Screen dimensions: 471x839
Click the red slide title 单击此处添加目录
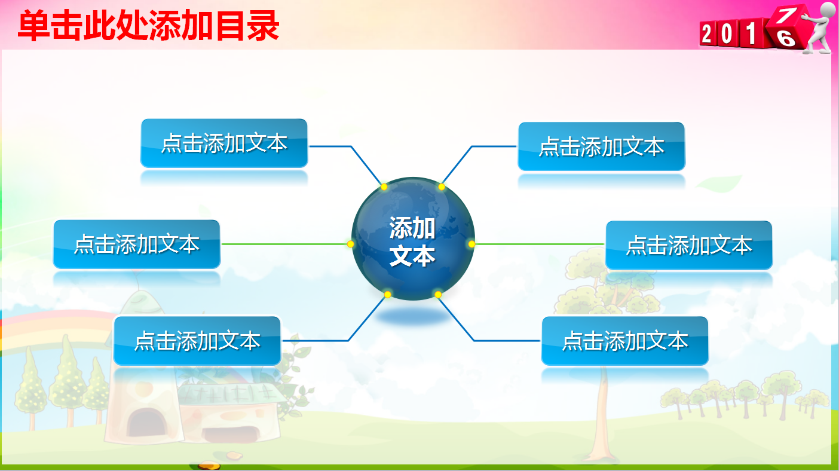[x=148, y=26]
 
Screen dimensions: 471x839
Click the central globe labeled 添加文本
[x=412, y=242]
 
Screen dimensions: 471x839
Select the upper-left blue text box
[x=224, y=143]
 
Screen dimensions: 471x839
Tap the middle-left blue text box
[x=137, y=244]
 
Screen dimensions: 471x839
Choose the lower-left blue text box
[x=197, y=341]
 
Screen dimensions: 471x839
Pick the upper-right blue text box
[x=601, y=146]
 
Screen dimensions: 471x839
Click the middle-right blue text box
[x=688, y=245]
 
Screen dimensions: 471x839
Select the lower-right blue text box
[x=624, y=341]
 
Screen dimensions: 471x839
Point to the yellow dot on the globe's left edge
[x=351, y=244]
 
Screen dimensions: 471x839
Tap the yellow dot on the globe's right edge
[x=471, y=244]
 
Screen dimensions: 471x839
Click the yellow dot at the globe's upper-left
[x=384, y=187]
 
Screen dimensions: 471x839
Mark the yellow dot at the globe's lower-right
[x=438, y=295]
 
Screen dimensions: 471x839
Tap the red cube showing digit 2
[x=708, y=35]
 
